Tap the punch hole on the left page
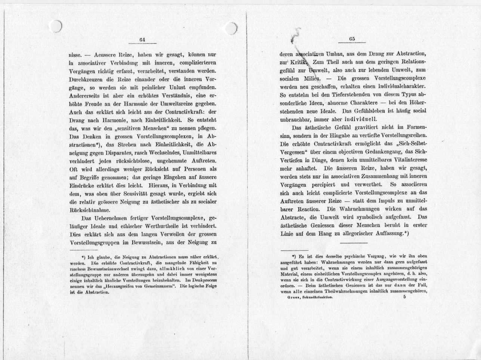click(x=55, y=26)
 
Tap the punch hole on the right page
click(x=231, y=28)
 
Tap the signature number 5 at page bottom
click(x=404, y=297)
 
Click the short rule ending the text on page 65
click(x=354, y=243)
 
